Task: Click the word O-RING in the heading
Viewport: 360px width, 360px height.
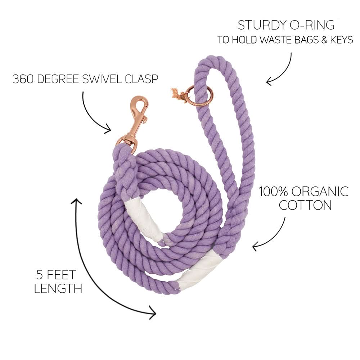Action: tap(317, 25)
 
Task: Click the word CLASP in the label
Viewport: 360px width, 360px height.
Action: tap(142, 79)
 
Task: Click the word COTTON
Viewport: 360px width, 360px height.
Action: tap(305, 205)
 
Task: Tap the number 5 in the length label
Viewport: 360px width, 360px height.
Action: tap(40, 275)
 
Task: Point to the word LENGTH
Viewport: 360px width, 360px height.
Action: tap(58, 288)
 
